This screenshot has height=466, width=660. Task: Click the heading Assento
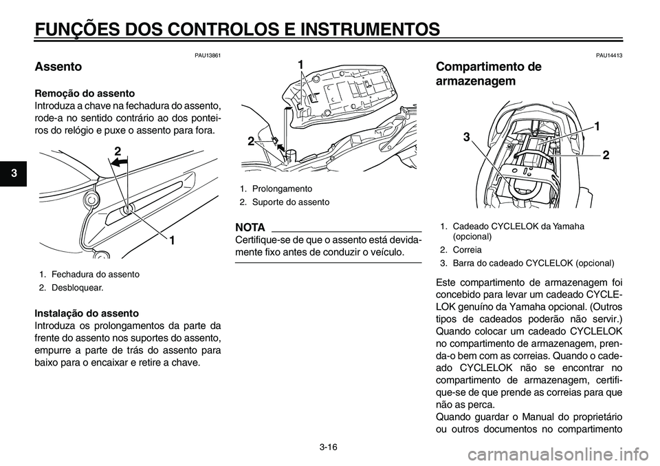[x=58, y=67]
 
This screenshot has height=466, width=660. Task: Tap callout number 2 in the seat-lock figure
[x=118, y=150]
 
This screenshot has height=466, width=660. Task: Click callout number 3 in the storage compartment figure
[x=465, y=137]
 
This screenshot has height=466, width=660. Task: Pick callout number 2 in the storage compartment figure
[x=606, y=156]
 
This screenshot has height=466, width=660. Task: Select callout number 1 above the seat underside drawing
[x=300, y=64]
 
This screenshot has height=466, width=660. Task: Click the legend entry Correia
[x=467, y=250]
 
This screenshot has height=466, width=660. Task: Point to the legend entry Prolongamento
[x=282, y=188]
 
